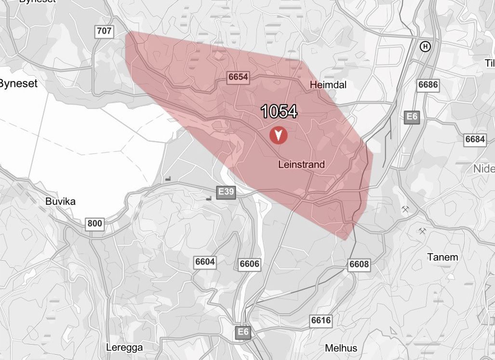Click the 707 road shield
[104, 32]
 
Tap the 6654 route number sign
[238, 77]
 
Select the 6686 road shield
[428, 85]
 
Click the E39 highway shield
[226, 192]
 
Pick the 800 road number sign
[95, 224]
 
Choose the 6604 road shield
[205, 262]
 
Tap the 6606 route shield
[249, 264]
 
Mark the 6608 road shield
[359, 264]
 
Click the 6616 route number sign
[321, 320]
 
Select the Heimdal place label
[328, 85]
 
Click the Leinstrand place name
[302, 164]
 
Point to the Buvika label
[60, 201]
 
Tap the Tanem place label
[442, 257]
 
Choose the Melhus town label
[341, 348]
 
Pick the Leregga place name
[122, 347]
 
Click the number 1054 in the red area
[279, 112]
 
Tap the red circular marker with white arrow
[278, 135]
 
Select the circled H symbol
[425, 47]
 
